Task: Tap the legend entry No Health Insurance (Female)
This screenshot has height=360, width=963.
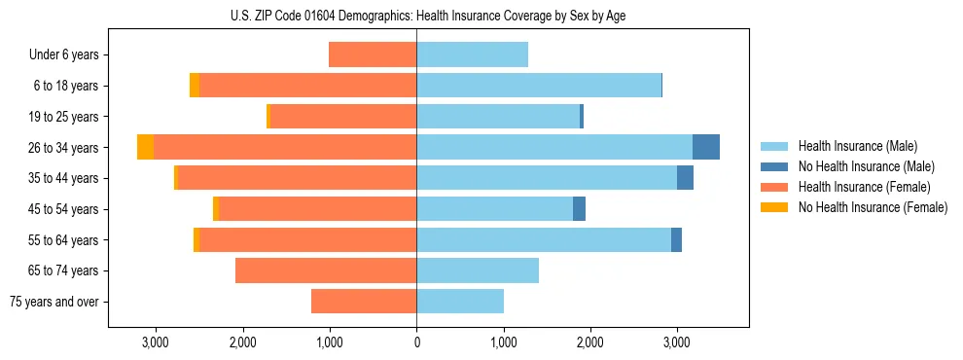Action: pyautogui.click(x=873, y=207)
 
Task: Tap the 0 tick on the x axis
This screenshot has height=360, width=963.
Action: pyautogui.click(x=416, y=342)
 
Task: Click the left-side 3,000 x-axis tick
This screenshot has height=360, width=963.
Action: pyautogui.click(x=156, y=342)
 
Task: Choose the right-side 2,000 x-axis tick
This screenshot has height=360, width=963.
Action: pyautogui.click(x=590, y=342)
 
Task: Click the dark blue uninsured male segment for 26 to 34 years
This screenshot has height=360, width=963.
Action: pyautogui.click(x=706, y=147)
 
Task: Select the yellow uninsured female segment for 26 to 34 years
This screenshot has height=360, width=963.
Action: pyautogui.click(x=145, y=147)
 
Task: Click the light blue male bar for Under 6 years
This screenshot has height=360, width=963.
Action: pyautogui.click(x=472, y=54)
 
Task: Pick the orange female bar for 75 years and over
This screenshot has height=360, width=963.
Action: pyautogui.click(x=364, y=302)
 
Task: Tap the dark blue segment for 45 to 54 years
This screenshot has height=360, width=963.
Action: pyautogui.click(x=579, y=208)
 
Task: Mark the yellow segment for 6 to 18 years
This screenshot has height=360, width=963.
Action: pyautogui.click(x=195, y=86)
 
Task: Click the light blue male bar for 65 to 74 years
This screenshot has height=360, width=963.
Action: pyautogui.click(x=478, y=270)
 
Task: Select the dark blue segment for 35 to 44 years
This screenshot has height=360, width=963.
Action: pyautogui.click(x=685, y=178)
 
